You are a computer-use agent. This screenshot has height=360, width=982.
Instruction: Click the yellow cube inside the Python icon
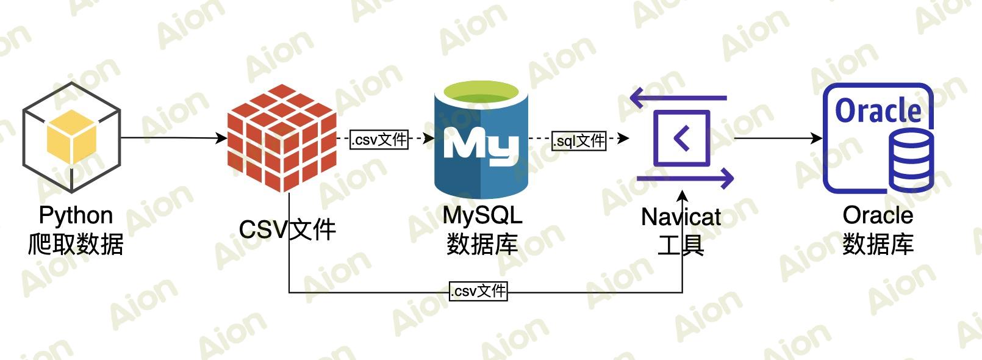click(x=72, y=136)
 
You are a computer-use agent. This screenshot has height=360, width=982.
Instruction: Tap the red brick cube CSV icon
click(x=282, y=139)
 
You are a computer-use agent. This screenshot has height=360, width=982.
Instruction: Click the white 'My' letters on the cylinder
click(x=481, y=145)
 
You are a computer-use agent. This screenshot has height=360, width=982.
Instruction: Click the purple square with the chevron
click(x=681, y=138)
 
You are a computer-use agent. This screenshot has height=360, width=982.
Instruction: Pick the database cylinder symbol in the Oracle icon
click(x=911, y=161)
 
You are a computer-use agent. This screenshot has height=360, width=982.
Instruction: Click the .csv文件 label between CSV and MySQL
click(x=379, y=140)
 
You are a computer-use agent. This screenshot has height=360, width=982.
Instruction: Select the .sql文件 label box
click(x=579, y=141)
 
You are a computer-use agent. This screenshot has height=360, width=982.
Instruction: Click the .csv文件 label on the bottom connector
click(x=479, y=291)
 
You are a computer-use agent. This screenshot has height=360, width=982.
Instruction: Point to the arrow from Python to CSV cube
click(x=174, y=138)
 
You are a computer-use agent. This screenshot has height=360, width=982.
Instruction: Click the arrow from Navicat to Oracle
click(x=778, y=138)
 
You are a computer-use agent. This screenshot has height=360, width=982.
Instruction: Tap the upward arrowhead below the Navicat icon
click(x=683, y=196)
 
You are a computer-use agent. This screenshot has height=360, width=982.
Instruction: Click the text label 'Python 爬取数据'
click(x=76, y=230)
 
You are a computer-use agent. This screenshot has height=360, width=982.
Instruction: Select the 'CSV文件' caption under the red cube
click(x=287, y=230)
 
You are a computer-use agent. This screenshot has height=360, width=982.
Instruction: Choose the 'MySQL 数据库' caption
click(x=482, y=230)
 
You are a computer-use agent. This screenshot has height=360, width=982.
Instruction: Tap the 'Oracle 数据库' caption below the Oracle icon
click(x=878, y=230)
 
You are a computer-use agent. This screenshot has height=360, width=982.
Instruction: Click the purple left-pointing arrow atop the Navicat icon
click(x=677, y=97)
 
